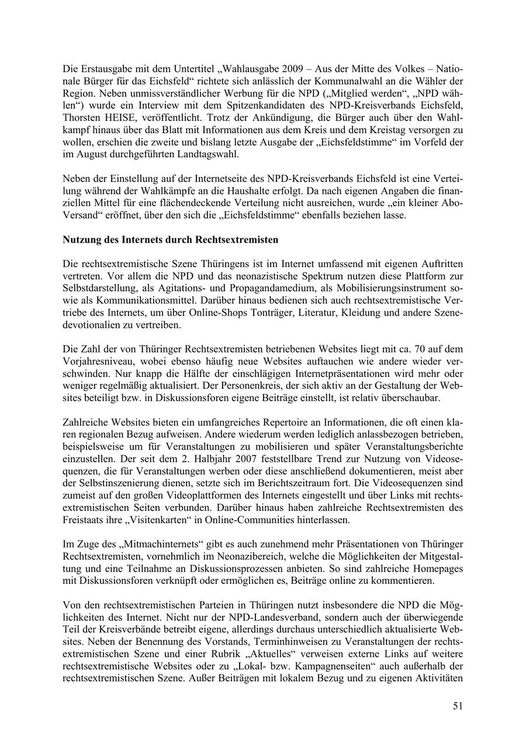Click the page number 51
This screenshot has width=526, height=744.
click(x=458, y=706)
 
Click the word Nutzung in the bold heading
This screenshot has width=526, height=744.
click(x=82, y=240)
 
